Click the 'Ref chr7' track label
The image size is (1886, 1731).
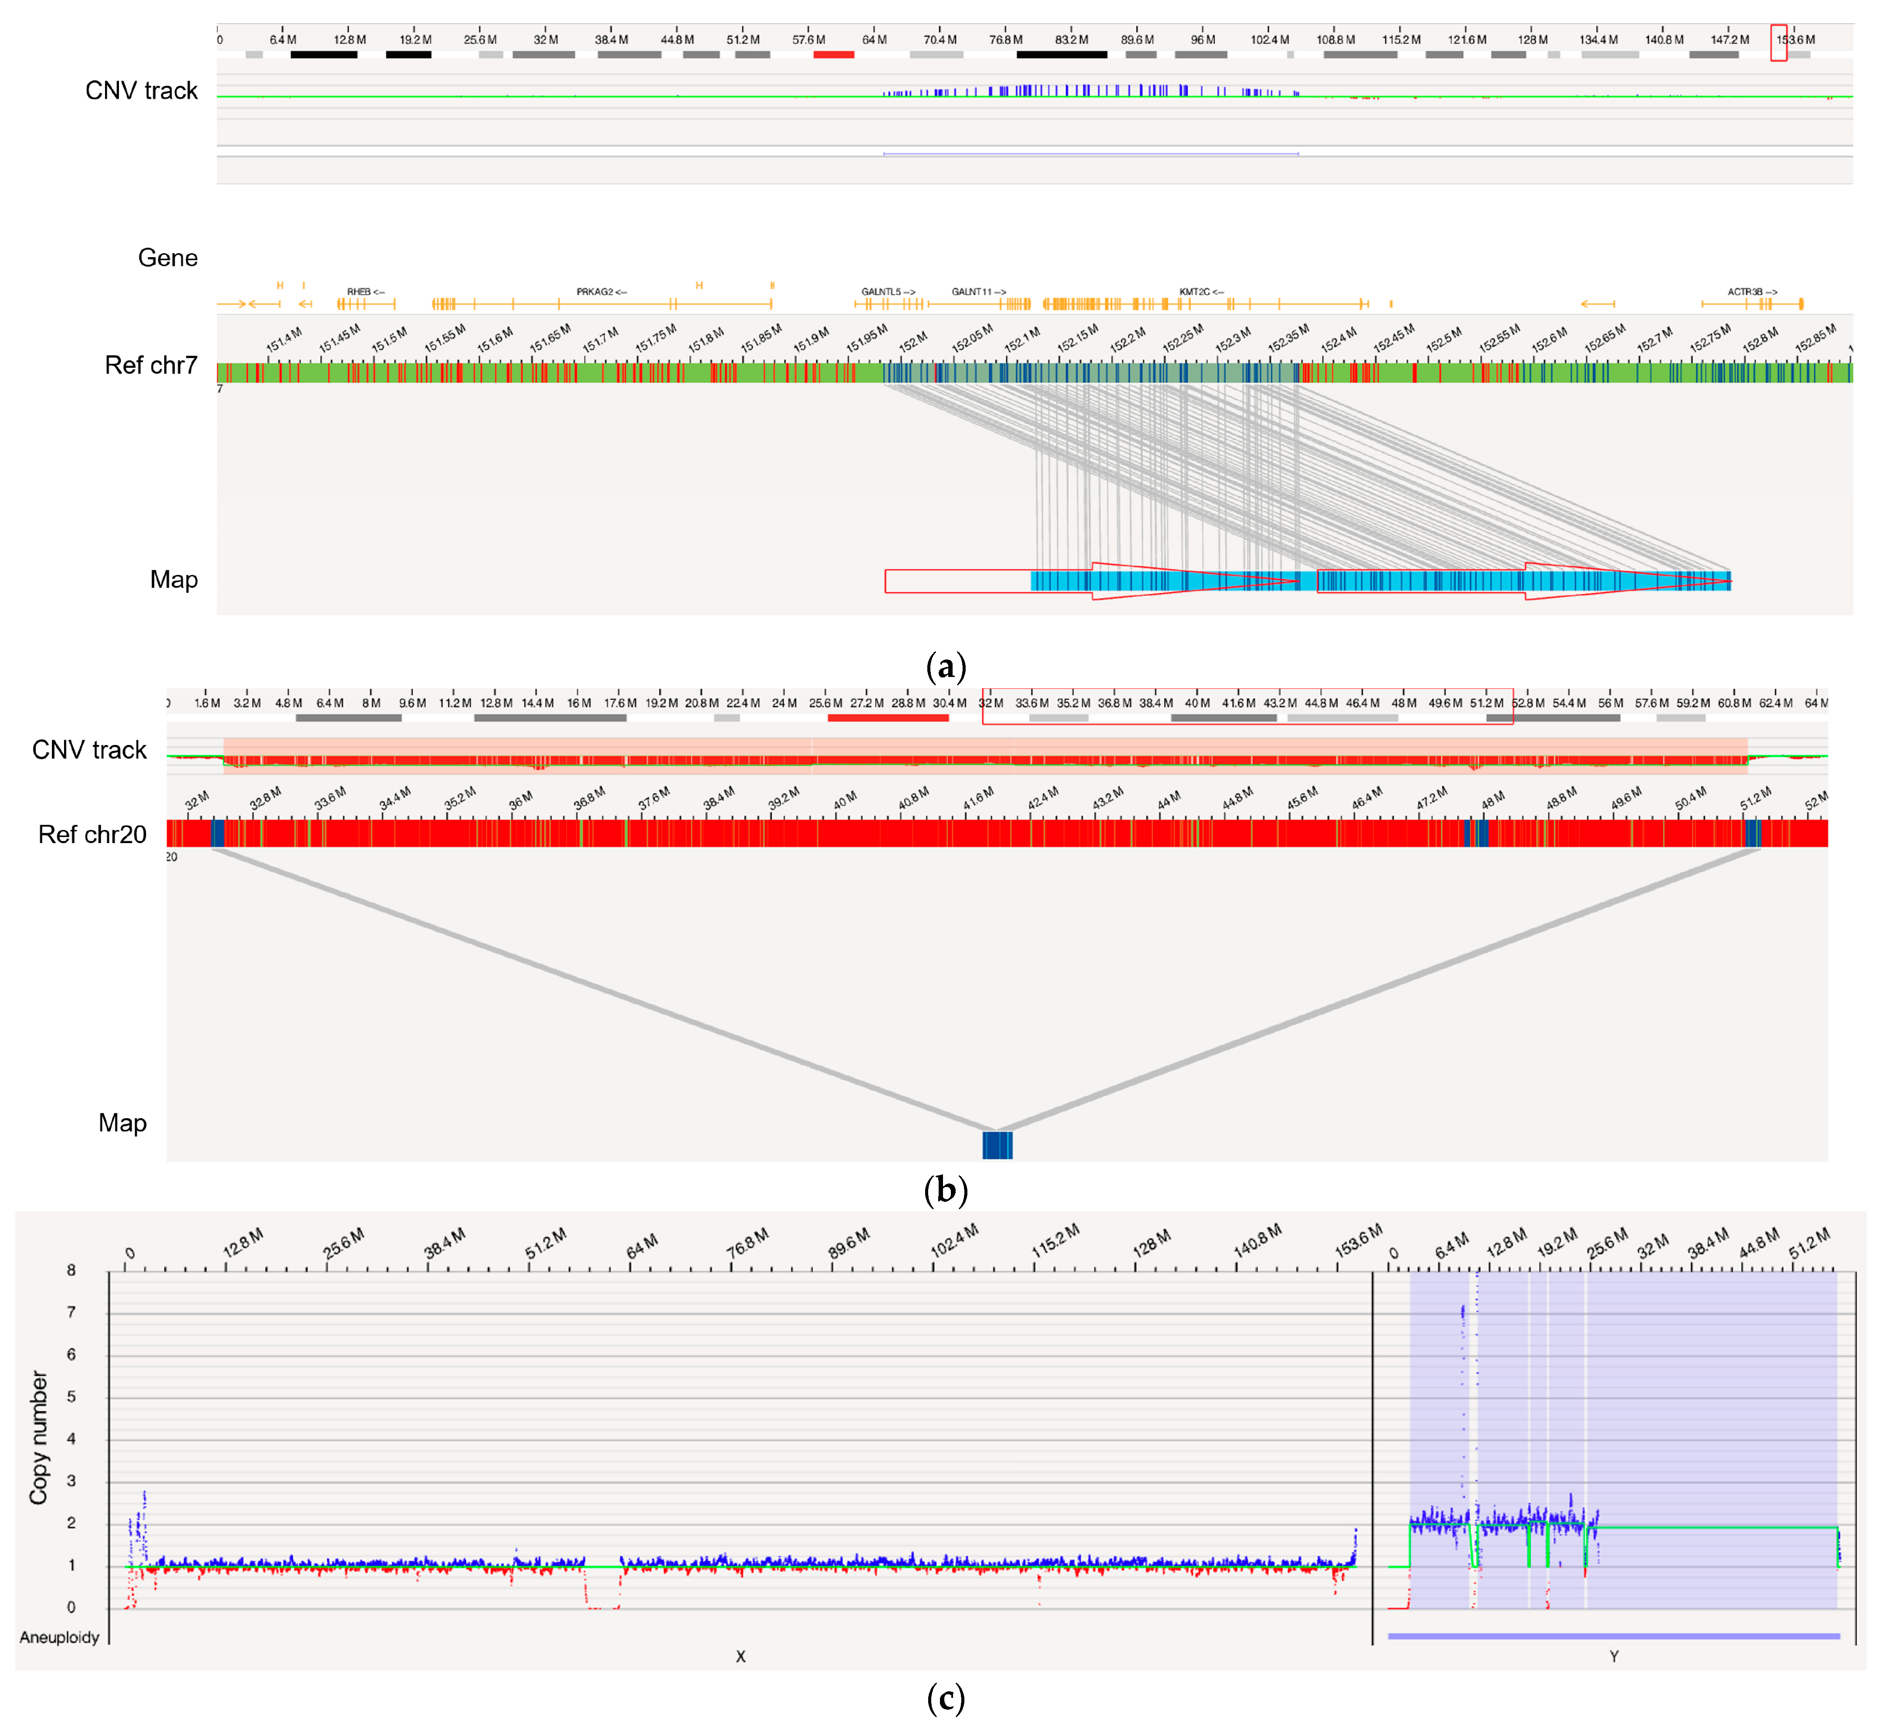tap(151, 365)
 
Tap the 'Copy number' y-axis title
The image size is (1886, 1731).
tap(38, 1438)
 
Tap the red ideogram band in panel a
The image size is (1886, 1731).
tap(834, 54)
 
